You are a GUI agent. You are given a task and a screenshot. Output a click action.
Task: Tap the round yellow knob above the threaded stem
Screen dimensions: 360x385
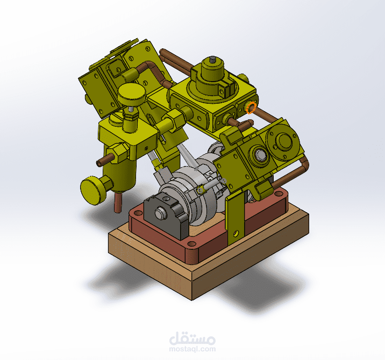pyautogui.click(x=132, y=96)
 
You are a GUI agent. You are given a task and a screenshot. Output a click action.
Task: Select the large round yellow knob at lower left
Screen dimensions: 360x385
pyautogui.click(x=92, y=190)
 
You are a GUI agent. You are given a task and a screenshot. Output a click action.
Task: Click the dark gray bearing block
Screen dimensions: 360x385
pyautogui.click(x=168, y=218)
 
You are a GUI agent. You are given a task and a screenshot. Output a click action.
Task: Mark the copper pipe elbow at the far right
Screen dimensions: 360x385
pyautogui.click(x=305, y=162)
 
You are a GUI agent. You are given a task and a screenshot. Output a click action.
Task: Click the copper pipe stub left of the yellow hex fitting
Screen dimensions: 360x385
pyautogui.click(x=104, y=160)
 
